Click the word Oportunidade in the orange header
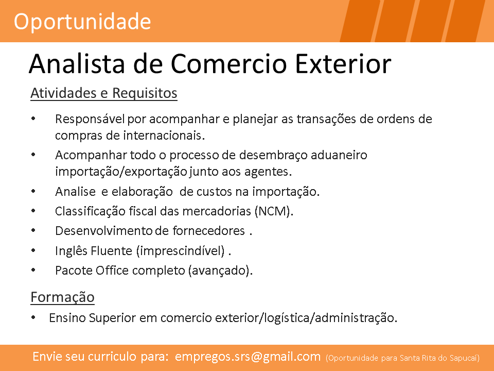[x=82, y=22]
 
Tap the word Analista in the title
[x=77, y=64]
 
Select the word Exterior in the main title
[x=343, y=64]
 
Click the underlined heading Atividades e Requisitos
[x=104, y=93]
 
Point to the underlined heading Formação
[x=62, y=297]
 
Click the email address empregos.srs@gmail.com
[x=248, y=357]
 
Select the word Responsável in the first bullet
[x=90, y=119]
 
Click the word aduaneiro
[x=339, y=155]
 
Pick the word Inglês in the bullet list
[x=71, y=251]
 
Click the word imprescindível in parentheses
[x=181, y=251]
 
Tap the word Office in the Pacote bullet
[x=112, y=271]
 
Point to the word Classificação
[x=90, y=211]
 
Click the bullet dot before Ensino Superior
[x=33, y=318]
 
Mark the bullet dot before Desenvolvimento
[x=33, y=231]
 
